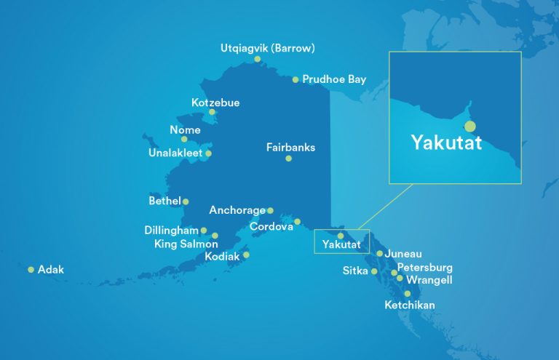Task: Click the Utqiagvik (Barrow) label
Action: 268,49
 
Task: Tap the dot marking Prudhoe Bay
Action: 296,80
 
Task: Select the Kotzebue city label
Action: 215,103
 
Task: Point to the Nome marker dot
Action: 184,139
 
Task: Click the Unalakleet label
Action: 175,153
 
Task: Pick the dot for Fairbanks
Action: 288,158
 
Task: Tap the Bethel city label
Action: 164,201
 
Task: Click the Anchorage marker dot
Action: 270,210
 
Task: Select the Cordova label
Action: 271,227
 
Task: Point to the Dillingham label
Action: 171,230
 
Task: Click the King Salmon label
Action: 186,244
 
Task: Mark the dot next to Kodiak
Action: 246,255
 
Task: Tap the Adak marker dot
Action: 31,270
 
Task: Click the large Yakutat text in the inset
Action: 446,142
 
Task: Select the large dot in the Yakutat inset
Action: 469,127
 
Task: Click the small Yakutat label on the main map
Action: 341,246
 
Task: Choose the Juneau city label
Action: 403,254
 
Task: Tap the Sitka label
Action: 355,271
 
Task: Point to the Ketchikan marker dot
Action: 408,294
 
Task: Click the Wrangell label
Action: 429,279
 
